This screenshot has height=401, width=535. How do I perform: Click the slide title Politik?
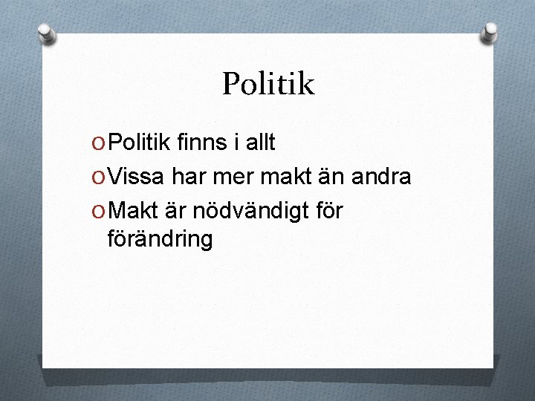pyautogui.click(x=268, y=85)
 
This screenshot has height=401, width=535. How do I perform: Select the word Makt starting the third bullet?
pyautogui.click(x=134, y=211)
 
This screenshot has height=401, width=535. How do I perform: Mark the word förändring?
pyautogui.click(x=160, y=239)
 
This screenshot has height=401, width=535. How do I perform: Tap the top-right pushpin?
pyautogui.click(x=490, y=32)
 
